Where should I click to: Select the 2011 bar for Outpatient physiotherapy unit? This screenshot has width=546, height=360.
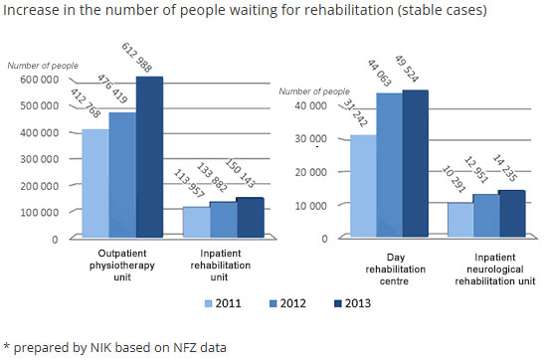point(94,184)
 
